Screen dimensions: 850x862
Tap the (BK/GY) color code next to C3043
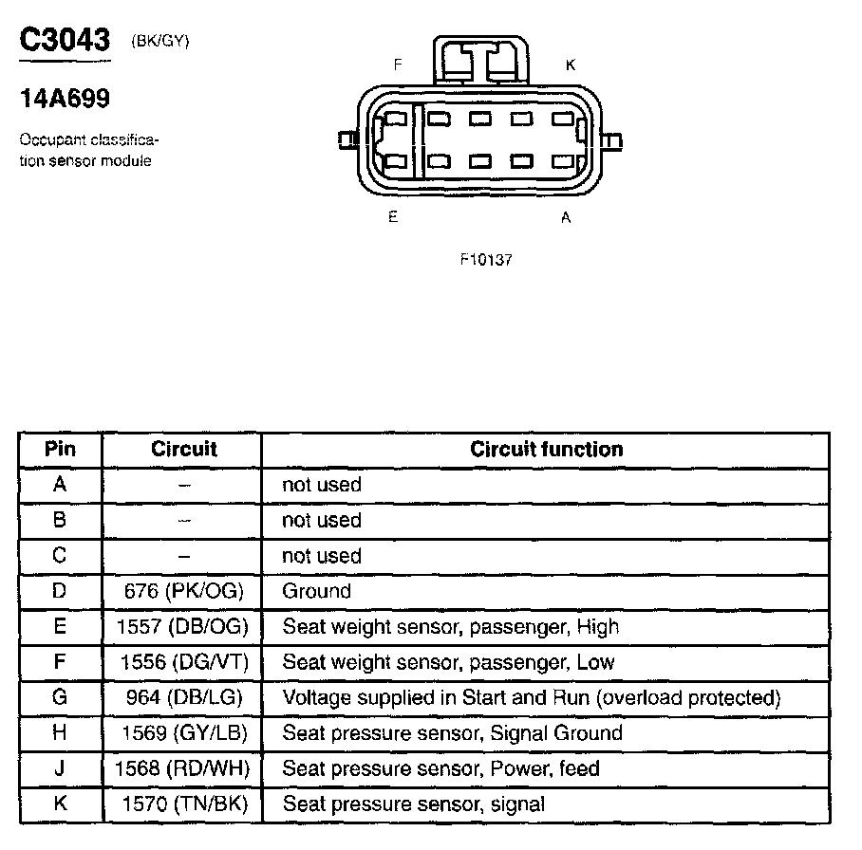pos(159,43)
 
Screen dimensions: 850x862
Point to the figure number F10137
pos(485,260)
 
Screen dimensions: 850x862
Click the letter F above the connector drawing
pos(399,65)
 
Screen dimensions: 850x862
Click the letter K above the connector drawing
pos(570,65)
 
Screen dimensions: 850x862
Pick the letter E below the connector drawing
pos(392,217)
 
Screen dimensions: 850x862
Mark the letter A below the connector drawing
pos(566,217)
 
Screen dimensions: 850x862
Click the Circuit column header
pos(183,450)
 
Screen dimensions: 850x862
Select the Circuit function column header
pos(547,450)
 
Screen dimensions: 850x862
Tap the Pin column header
pos(60,450)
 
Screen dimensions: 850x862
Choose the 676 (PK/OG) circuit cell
pos(184,591)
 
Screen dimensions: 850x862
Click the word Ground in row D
pos(316,591)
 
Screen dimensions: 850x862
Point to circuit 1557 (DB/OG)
pos(184,627)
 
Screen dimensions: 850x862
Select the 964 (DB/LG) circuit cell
pos(184,698)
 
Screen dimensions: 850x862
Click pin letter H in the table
pos(60,733)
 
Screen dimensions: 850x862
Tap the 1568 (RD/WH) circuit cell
pos(184,768)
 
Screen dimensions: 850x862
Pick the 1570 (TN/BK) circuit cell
pos(184,804)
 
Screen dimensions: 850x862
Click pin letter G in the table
pos(60,698)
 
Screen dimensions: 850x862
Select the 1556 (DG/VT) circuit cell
pos(184,662)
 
